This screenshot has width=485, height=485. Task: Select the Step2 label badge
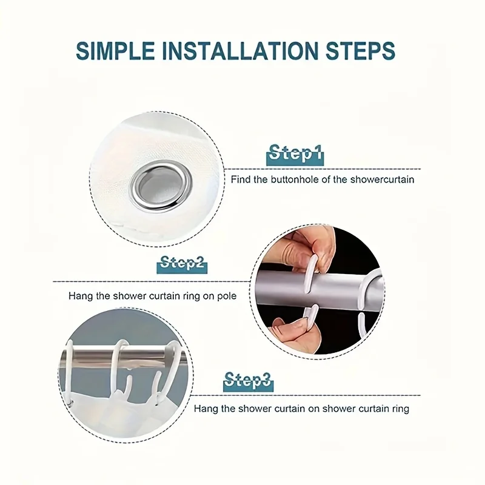tap(182, 264)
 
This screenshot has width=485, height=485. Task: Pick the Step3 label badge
tap(248, 381)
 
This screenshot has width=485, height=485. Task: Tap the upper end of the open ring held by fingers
tap(313, 257)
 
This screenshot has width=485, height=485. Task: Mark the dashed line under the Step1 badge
tap(323, 169)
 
